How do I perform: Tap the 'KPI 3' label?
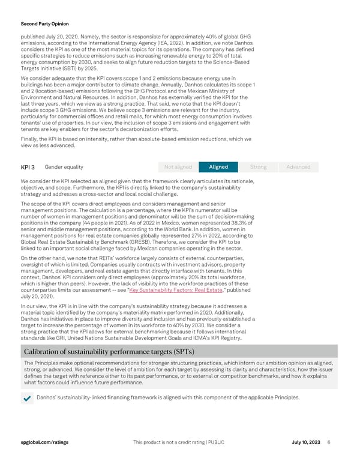[x=28, y=167]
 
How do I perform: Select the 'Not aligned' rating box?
[x=178, y=167]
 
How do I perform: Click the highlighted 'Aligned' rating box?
[x=218, y=167]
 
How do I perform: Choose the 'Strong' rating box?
[x=258, y=167]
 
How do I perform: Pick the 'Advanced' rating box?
[x=298, y=167]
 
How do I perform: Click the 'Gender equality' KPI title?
[x=64, y=167]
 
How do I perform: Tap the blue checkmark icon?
[x=28, y=398]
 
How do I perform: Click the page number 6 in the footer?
[x=329, y=442]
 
